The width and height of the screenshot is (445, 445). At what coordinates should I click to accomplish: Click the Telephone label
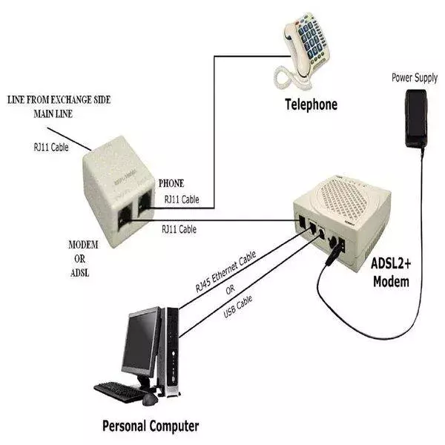311,105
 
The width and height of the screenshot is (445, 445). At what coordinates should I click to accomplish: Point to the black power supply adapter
415,119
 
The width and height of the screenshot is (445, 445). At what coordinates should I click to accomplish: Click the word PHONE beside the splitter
171,183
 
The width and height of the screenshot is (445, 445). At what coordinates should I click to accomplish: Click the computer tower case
173,349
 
